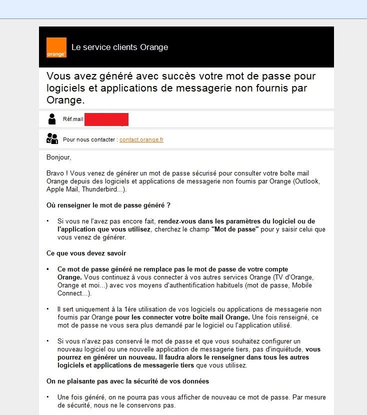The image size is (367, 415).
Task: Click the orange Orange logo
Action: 56,47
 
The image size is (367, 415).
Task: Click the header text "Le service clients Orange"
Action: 119,47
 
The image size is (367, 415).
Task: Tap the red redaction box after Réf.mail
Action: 106,119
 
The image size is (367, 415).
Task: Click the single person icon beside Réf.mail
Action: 52,119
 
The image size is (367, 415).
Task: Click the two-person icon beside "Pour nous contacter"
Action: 52,139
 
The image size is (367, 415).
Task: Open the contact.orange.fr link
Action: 141,140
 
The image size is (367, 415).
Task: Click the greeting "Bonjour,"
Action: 59,157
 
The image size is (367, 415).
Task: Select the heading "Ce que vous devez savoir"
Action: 86,253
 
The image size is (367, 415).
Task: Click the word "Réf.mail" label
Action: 73,119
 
